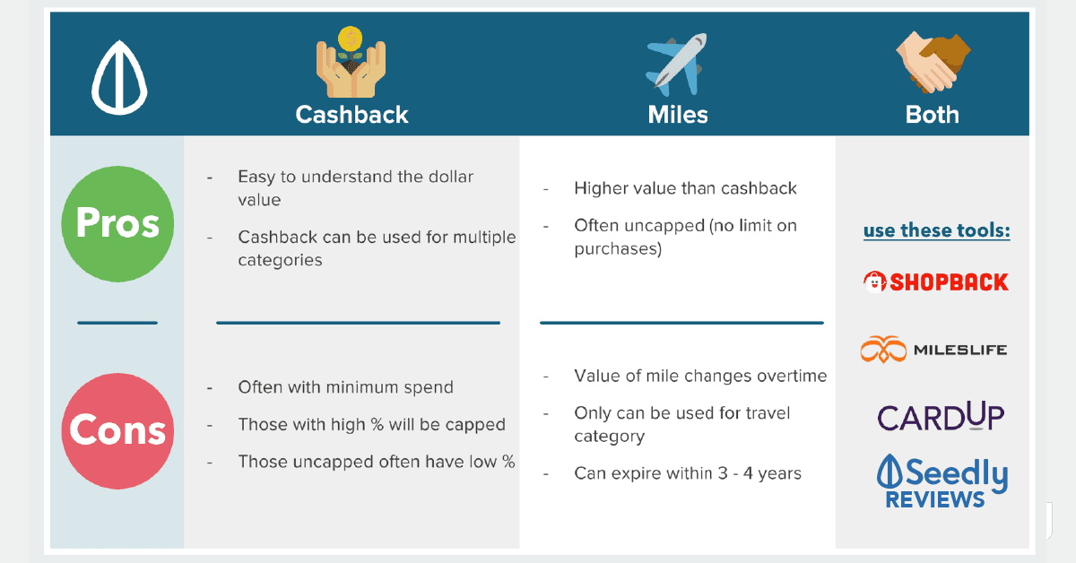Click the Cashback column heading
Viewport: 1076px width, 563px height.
click(351, 115)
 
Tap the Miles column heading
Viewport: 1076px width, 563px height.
click(678, 115)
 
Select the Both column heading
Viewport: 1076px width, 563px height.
click(932, 115)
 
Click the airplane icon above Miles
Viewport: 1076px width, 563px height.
click(676, 65)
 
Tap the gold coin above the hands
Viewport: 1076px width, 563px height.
click(351, 39)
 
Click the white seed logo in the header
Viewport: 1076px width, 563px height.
click(119, 78)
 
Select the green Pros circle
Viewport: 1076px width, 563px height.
click(117, 224)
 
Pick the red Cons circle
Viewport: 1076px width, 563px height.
click(117, 431)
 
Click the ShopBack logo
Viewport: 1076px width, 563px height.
click(936, 282)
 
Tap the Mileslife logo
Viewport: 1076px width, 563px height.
click(933, 350)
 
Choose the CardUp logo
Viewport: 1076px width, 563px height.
click(941, 416)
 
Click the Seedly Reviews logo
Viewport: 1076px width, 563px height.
click(942, 481)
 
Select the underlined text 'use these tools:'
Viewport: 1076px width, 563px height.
click(937, 230)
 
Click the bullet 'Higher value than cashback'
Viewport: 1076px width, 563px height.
click(685, 188)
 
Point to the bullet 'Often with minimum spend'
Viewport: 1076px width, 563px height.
click(345, 387)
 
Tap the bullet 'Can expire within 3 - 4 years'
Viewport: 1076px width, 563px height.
click(688, 473)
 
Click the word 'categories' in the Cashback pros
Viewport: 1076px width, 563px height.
click(280, 260)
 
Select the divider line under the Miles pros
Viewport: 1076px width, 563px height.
click(681, 323)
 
